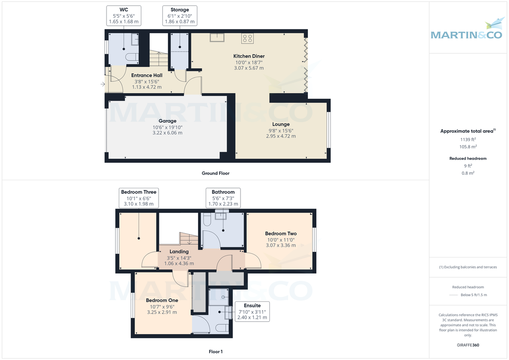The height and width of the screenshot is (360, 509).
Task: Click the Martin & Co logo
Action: (469, 31)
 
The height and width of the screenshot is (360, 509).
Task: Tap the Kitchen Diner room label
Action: (249, 56)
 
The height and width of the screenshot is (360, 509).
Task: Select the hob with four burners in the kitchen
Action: (247, 39)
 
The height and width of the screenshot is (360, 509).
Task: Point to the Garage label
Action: (167, 121)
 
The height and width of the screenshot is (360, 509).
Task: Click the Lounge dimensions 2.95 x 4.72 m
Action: (281, 136)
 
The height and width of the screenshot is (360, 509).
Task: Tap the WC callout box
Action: (123, 15)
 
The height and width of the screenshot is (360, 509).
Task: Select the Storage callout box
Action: (179, 15)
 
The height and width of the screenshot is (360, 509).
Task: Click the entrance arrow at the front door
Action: (103, 84)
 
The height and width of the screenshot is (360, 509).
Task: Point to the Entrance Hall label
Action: (146, 75)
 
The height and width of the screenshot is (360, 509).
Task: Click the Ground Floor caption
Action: (215, 173)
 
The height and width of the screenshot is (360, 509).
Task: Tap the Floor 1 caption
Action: (215, 352)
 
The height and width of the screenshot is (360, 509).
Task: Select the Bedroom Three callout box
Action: (139, 198)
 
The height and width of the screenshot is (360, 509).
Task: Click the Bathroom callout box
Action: (223, 198)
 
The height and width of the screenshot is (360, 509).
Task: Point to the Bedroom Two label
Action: (281, 233)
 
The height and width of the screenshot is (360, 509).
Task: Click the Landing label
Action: (179, 251)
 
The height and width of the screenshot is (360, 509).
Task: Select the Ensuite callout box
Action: (252, 311)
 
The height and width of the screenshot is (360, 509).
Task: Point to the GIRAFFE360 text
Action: (468, 345)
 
